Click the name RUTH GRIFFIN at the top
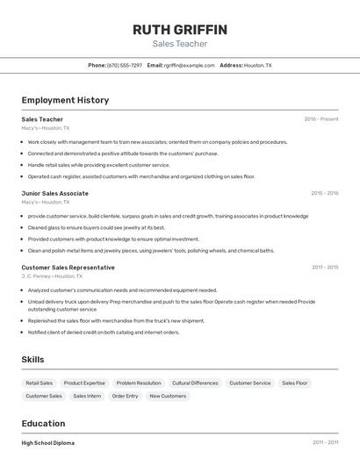tap(179, 30)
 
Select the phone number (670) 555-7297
tap(125, 65)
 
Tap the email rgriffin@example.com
tap(189, 65)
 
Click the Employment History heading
tap(65, 100)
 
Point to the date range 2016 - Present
tap(321, 118)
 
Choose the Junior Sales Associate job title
tap(54, 193)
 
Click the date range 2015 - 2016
tap(324, 193)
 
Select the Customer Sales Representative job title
tap(68, 267)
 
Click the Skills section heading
tap(32, 359)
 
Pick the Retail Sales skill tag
tap(40, 383)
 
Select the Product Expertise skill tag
tap(84, 383)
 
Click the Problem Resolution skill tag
tap(139, 383)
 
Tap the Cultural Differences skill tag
tap(195, 383)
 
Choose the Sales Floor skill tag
tap(295, 383)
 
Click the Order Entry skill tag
tap(126, 397)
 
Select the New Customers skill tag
tap(168, 397)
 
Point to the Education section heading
tap(43, 423)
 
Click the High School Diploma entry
tap(48, 443)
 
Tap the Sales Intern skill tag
tap(87, 397)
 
